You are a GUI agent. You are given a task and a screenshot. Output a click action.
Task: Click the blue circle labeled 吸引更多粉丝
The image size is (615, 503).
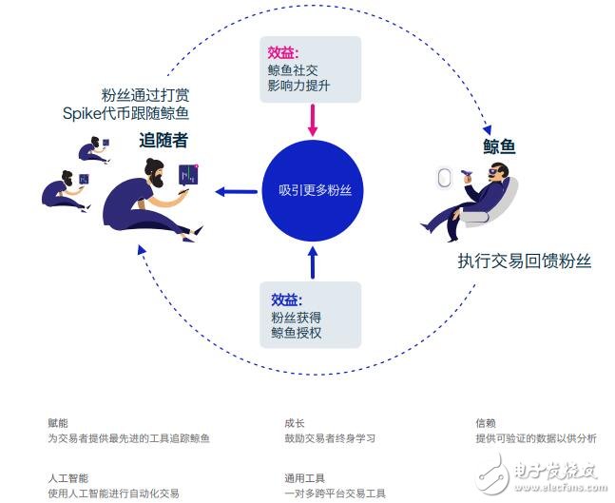coord(313,191)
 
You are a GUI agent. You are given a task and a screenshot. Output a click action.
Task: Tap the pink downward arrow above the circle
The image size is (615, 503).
coord(313,120)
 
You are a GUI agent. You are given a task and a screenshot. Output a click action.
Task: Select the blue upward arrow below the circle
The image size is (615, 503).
coord(313,262)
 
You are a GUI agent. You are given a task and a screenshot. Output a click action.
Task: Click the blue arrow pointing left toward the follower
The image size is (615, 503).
coord(236,192)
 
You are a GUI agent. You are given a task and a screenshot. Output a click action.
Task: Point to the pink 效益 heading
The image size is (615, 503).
coord(283,53)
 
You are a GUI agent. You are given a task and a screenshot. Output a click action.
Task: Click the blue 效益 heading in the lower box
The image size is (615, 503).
coord(287,300)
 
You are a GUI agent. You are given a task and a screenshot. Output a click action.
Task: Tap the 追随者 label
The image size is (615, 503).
coord(163,140)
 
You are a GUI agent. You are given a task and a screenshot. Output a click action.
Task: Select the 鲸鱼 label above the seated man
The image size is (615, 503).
coord(499,146)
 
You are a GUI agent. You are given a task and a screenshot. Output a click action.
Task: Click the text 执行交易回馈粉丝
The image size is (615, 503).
coord(525,261)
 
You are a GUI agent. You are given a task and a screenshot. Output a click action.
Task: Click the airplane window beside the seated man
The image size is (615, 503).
coord(444,178)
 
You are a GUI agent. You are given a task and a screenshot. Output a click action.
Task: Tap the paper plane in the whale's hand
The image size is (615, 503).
coord(467,173)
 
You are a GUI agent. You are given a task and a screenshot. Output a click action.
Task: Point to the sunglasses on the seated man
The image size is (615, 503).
coord(493,171)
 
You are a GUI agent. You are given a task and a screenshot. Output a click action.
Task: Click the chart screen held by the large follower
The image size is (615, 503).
coord(188,175)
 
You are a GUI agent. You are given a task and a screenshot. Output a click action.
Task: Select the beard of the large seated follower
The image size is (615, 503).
coord(157,179)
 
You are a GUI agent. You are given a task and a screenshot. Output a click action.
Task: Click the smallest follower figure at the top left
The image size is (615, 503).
coord(94,149)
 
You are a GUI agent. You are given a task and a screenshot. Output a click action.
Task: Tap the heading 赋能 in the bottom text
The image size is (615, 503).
coord(58,423)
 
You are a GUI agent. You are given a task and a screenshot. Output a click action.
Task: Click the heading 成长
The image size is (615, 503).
coord(295,423)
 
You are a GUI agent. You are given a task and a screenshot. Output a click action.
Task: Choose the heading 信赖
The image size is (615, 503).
coord(486,423)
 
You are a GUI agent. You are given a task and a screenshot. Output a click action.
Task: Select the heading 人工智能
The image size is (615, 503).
coord(68,478)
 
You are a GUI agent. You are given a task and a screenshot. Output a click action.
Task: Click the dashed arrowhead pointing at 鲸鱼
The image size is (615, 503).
coord(487,130)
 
